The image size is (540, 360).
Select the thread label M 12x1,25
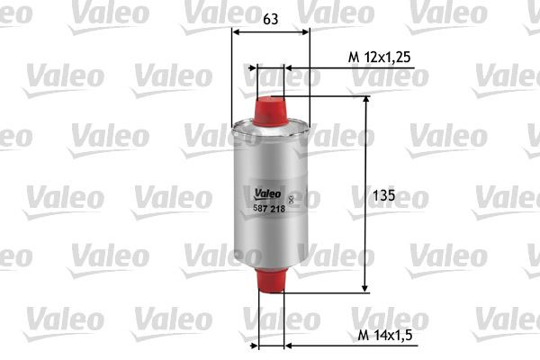point(379,57)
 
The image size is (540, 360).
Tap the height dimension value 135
point(384,194)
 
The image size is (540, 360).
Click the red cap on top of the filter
point(270,105)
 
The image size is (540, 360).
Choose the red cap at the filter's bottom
point(270,280)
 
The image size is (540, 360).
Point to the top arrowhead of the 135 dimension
point(365,102)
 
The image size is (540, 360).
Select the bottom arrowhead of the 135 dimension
point(365,287)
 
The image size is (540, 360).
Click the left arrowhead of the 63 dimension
point(236,31)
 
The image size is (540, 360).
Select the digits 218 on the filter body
point(276,208)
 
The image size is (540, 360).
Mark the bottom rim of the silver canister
point(270,263)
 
